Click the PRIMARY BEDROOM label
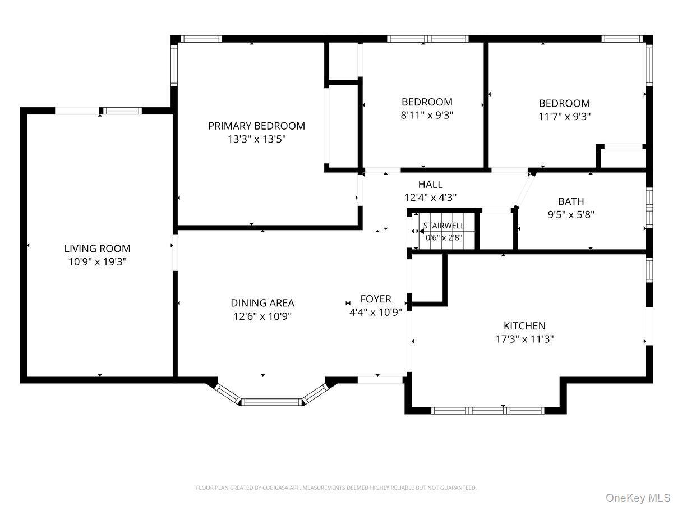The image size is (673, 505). point(256,126)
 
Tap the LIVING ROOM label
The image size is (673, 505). point(97,249)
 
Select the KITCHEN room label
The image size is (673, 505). point(524,325)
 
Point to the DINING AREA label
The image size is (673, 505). point(262,303)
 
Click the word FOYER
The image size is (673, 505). point(376,299)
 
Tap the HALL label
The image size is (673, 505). point(430,184)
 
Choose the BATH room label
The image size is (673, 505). point(571,201)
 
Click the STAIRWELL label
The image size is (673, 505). point(444,226)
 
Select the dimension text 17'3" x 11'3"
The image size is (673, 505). point(524,339)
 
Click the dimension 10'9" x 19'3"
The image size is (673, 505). point(97,262)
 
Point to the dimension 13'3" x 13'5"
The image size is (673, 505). point(256,139)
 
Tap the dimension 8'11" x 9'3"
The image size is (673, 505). point(427,115)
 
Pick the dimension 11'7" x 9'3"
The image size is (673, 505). point(564,117)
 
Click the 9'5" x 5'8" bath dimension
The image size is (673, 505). point(571,215)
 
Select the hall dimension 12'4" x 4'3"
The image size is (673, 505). point(430,198)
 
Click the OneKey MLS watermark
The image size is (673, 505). point(638,497)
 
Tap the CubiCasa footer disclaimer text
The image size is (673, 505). point(336,488)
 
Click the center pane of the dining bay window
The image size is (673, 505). point(271,402)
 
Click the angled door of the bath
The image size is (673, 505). point(524,191)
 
